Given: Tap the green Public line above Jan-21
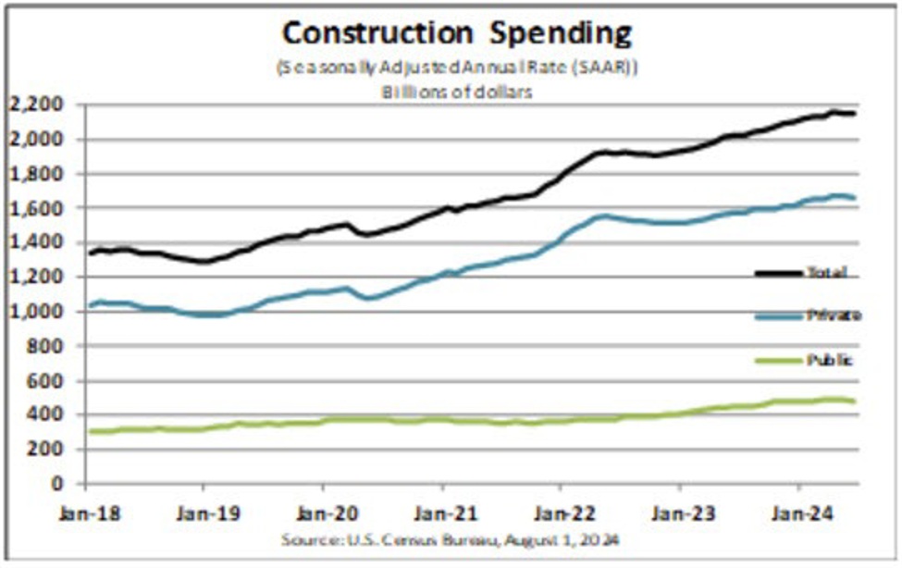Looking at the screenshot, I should point(442,420).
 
